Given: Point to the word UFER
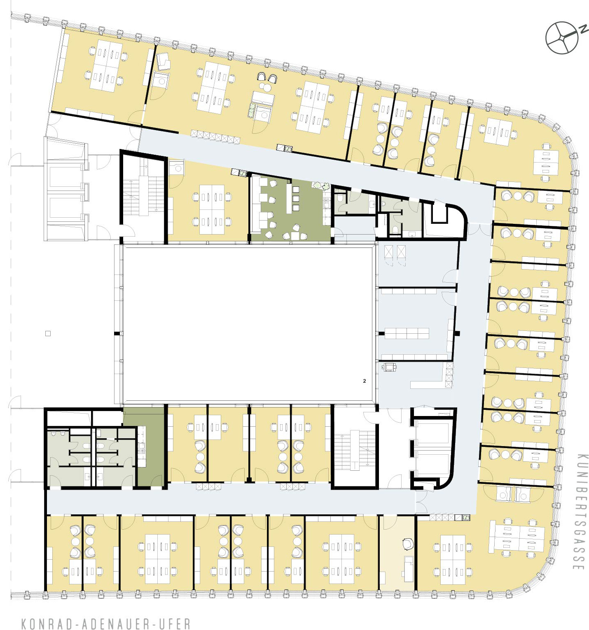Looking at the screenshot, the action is (x=174, y=623).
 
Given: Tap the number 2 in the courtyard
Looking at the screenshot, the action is (x=365, y=381).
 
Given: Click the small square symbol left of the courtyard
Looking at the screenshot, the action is (x=48, y=333).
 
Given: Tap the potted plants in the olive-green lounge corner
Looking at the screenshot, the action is (x=321, y=186).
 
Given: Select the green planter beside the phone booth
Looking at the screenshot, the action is (x=251, y=110).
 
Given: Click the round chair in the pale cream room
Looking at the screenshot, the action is (x=408, y=544).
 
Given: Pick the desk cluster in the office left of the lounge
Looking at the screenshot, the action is (x=212, y=209).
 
